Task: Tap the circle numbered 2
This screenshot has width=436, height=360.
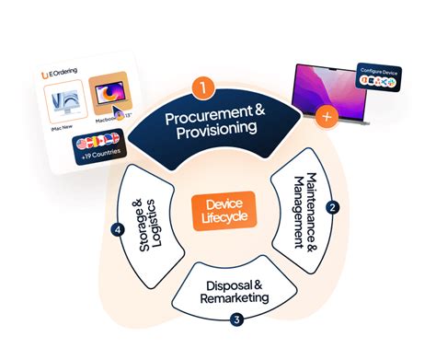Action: (333, 208)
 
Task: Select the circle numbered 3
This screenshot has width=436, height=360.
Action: (236, 320)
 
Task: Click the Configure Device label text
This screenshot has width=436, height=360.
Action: (379, 69)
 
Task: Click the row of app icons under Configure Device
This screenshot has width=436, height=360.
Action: (380, 83)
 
